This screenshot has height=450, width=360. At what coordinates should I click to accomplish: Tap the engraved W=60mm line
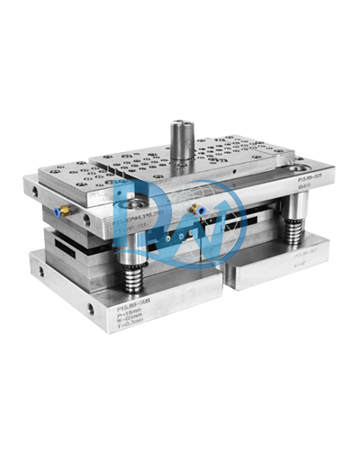tap(133, 322)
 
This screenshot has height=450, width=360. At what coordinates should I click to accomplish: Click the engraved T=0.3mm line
tap(133, 328)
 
